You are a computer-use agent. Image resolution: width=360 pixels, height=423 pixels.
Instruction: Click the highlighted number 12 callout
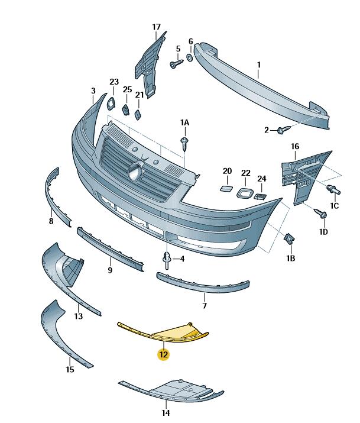(x=163, y=355)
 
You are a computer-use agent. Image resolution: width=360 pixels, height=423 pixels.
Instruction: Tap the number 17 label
(x=156, y=27)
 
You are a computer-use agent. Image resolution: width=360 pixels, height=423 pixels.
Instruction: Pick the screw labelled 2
(x=283, y=128)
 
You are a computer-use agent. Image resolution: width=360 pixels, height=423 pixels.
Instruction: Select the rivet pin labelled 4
(x=167, y=260)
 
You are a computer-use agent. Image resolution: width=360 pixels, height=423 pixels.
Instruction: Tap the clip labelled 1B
(x=290, y=239)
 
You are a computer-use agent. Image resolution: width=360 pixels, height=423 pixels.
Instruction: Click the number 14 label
(x=166, y=412)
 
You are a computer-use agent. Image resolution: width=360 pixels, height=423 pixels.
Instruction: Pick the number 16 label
(x=295, y=146)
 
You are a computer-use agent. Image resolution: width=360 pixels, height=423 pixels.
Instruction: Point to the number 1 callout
(x=258, y=66)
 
